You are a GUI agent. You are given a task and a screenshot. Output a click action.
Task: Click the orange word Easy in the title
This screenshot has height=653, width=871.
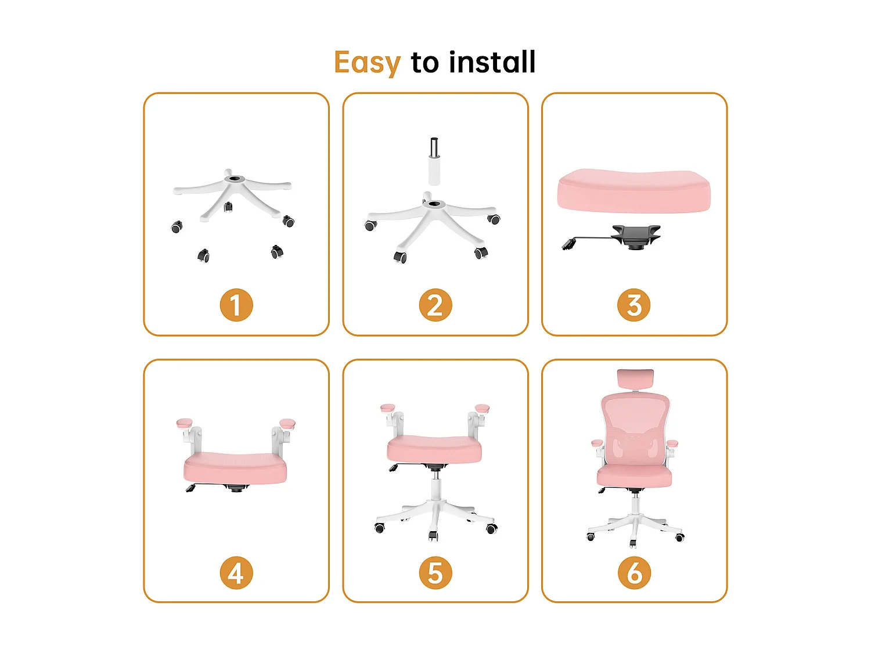point(367,63)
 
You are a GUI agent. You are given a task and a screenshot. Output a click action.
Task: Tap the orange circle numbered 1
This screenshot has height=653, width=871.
point(236,305)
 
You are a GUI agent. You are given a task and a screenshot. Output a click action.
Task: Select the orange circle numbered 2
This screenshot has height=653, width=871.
point(435,305)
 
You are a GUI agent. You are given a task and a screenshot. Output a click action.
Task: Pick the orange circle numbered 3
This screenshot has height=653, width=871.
point(634,305)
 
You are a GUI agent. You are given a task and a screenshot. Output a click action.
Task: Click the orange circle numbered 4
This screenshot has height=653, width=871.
point(236,573)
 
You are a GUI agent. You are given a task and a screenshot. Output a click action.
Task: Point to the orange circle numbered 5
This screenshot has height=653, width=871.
point(435,573)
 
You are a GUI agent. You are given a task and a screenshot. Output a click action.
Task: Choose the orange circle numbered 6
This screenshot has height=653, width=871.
point(634,573)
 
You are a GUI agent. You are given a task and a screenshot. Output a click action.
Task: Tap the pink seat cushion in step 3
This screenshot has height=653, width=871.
point(634,192)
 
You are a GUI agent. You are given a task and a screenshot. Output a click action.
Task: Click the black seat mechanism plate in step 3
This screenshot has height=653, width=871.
point(636,236)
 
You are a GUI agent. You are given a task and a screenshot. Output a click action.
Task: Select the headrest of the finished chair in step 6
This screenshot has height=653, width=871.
point(635,378)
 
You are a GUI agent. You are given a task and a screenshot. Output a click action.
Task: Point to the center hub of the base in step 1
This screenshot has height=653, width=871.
point(235,178)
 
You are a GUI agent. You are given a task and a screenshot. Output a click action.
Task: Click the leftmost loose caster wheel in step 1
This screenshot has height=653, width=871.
point(177,227)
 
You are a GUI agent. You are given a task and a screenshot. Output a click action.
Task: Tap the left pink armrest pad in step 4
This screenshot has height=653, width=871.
point(185,423)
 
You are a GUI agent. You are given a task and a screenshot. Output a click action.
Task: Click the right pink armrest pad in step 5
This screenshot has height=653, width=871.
point(482,408)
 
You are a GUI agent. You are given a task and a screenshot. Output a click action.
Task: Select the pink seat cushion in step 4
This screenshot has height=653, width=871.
point(235,468)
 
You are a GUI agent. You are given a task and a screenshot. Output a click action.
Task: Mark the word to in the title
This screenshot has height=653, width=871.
point(425,63)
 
